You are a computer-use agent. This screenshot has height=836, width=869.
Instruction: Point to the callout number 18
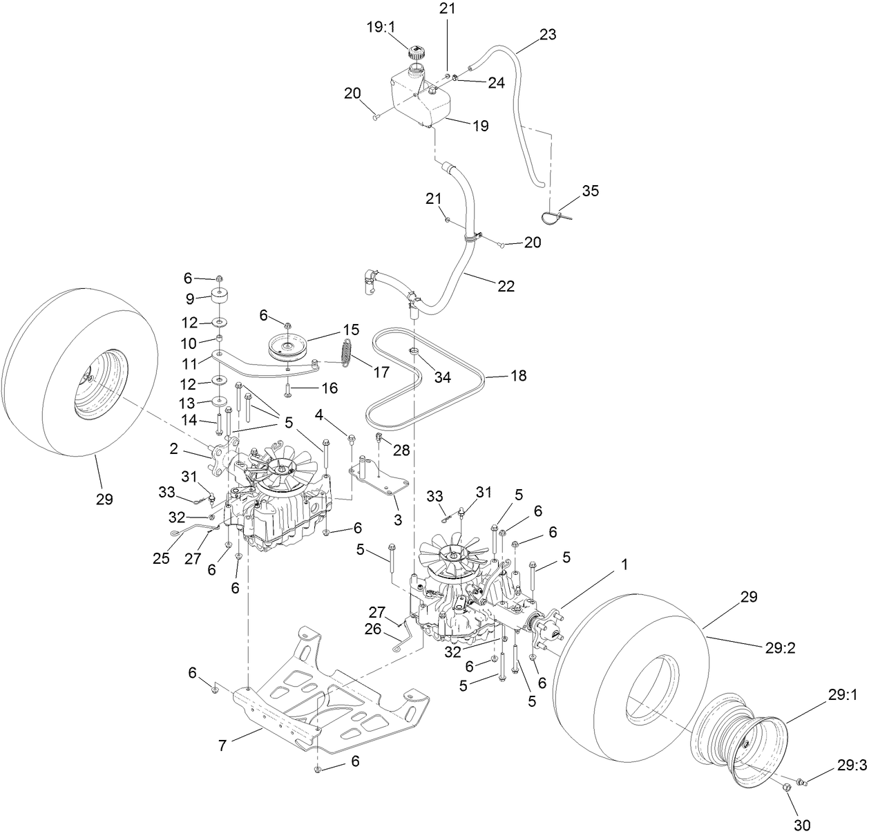[x=518, y=376]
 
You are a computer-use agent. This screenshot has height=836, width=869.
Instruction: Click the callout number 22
[x=506, y=286]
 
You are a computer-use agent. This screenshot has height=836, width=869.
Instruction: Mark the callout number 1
[x=624, y=564]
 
